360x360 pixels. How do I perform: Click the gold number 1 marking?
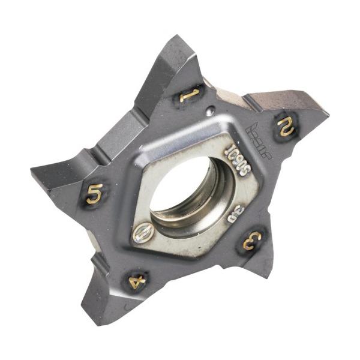click(189, 94)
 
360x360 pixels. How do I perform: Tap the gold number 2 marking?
click(284, 127)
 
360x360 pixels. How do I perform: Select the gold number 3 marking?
click(252, 240)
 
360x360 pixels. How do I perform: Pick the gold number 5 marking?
click(94, 194)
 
